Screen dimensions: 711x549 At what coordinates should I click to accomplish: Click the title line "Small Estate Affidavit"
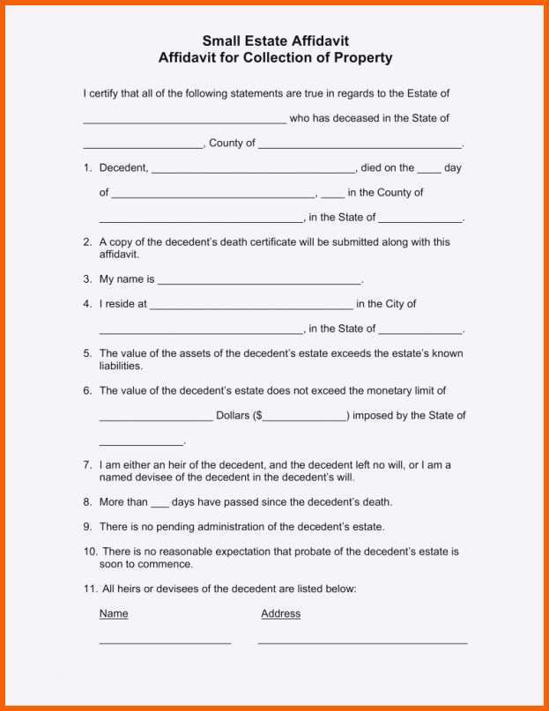[x=275, y=41]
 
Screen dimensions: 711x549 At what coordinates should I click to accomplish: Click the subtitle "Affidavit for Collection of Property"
[x=275, y=58]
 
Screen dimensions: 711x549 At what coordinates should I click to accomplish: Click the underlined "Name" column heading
[x=114, y=613]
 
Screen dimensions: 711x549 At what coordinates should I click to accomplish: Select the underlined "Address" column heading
[x=280, y=613]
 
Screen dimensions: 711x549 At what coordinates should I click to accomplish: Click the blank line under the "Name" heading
[x=165, y=642]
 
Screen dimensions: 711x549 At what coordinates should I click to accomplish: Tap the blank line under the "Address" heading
[x=362, y=642]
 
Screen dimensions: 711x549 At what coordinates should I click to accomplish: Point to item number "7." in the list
[x=87, y=464]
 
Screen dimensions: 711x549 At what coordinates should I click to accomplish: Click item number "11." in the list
[x=90, y=589]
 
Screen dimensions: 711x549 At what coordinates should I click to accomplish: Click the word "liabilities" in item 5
[x=120, y=366]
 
